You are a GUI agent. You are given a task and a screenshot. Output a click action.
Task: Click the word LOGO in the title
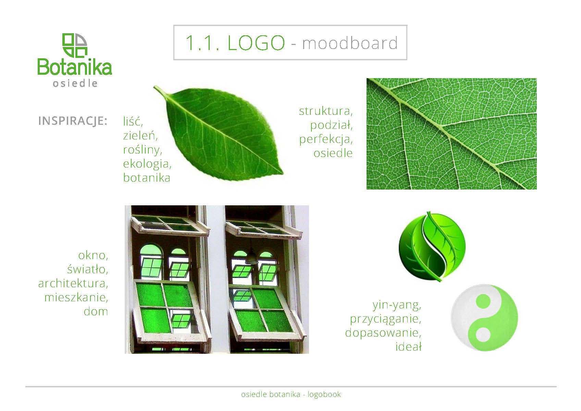[256, 43]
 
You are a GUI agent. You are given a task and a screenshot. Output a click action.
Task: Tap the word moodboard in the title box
[350, 43]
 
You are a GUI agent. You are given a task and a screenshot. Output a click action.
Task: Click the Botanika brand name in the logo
[75, 67]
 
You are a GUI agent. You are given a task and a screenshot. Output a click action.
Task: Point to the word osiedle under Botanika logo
[75, 84]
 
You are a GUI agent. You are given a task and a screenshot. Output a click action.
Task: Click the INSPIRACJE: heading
[73, 121]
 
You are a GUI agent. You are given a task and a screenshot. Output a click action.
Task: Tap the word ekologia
[147, 164]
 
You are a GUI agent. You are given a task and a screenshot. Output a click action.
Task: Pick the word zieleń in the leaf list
[140, 135]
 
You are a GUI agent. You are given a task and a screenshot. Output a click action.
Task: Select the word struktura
[326, 111]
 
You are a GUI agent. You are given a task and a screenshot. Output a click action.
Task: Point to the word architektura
[73, 283]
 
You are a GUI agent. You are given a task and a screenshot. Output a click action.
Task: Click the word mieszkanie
[76, 297]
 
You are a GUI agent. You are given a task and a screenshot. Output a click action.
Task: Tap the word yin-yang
[397, 305]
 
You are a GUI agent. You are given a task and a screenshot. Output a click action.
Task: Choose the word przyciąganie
[386, 319]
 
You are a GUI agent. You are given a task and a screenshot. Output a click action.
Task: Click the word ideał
[408, 347]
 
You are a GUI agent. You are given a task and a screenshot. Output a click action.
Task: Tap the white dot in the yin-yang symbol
[483, 335]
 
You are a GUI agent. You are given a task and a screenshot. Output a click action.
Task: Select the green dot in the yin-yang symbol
[483, 301]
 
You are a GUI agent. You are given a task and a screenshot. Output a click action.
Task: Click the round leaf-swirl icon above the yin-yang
[432, 246]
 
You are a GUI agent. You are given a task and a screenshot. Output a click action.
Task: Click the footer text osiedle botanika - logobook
[291, 395]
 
